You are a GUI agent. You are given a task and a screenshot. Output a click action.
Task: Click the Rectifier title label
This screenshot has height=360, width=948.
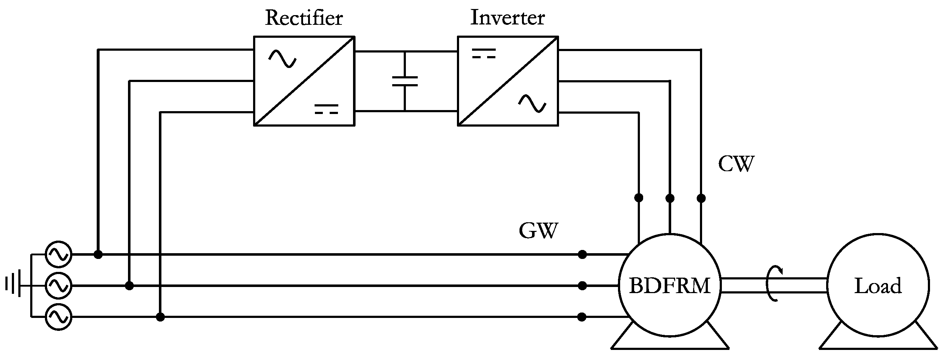tap(304, 18)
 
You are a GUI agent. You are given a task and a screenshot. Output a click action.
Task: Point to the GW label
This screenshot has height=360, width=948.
tap(539, 231)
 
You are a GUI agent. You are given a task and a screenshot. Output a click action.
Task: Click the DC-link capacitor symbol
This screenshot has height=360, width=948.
tap(405, 81)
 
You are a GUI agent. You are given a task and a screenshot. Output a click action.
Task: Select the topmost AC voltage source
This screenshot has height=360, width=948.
tap(59, 254)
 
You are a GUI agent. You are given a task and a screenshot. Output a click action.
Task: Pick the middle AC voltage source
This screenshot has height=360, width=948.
tap(59, 285)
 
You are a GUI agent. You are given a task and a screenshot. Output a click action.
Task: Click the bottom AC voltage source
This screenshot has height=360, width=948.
tap(59, 316)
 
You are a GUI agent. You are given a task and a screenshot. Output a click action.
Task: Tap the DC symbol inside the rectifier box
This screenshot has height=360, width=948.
tap(326, 109)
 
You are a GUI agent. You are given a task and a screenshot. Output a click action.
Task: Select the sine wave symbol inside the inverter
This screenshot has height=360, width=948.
tap(532, 104)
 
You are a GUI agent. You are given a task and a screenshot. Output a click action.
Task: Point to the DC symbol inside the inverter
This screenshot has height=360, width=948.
tap(484, 54)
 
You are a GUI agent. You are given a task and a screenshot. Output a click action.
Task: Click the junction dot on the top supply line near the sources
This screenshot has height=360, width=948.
tap(98, 254)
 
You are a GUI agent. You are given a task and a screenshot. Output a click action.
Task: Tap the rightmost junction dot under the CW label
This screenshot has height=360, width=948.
tap(701, 198)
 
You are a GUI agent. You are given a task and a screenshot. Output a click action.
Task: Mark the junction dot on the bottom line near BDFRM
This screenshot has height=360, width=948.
tap(582, 317)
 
